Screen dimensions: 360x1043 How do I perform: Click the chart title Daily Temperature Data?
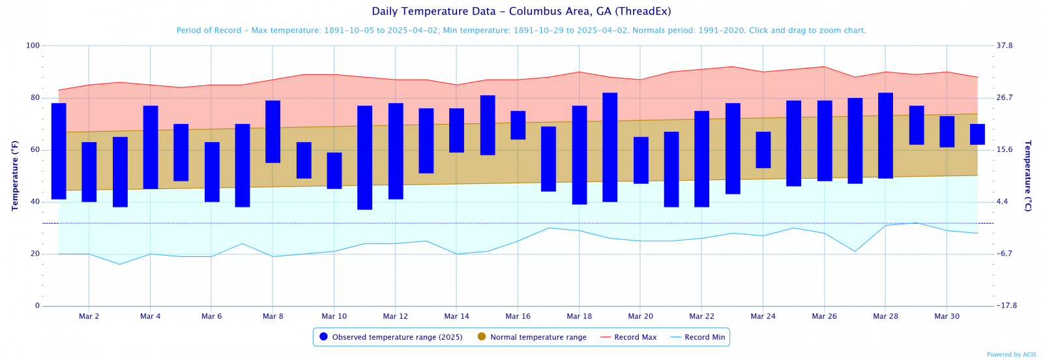click(521, 11)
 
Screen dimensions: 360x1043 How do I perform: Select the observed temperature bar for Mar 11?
click(364, 157)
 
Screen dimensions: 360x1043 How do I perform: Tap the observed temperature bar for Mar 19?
click(610, 147)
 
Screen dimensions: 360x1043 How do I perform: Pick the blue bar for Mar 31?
click(977, 134)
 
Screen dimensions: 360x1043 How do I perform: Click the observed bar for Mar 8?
click(272, 131)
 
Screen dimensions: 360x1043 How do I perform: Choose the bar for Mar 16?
click(518, 125)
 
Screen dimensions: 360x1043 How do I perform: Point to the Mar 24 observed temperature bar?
click(763, 149)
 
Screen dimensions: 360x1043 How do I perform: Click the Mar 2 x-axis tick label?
click(89, 316)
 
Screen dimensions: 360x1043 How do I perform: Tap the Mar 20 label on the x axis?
click(640, 316)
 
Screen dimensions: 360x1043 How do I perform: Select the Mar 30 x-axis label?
click(947, 316)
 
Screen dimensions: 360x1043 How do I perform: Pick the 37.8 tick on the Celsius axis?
click(1005, 46)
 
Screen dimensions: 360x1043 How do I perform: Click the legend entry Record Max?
click(635, 337)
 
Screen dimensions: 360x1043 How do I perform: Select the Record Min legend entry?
click(704, 337)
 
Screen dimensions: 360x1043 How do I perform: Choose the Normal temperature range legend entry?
click(538, 337)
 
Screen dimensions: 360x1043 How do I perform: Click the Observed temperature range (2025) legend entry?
click(397, 337)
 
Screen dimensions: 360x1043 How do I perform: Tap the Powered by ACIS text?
click(1011, 355)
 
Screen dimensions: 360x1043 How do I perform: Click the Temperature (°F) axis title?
click(15, 175)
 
